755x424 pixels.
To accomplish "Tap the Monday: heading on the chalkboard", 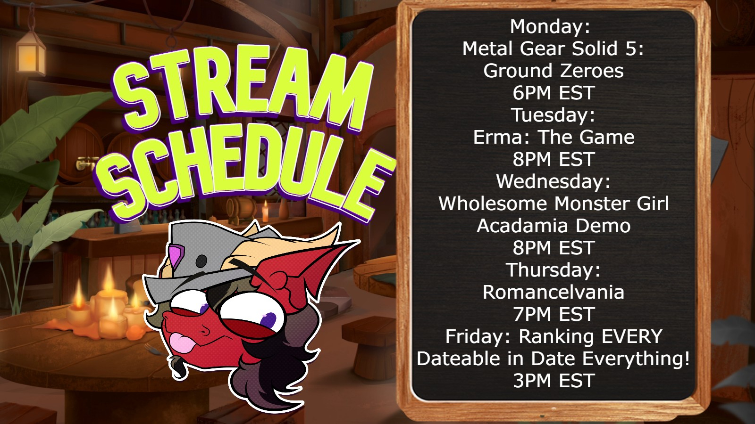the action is point(550,26).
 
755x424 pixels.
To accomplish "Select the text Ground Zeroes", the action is point(554,71).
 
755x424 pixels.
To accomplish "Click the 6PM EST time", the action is point(554,93).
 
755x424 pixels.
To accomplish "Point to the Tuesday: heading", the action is point(554,115).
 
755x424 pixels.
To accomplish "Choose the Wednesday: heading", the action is point(554,181).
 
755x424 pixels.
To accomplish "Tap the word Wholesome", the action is point(494,204).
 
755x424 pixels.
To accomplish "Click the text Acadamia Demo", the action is point(554,226).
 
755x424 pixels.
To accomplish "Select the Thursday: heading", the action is point(554,270).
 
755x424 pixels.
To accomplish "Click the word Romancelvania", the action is point(554,292).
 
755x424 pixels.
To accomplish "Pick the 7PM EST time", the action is point(554,314).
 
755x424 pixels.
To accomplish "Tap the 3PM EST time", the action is point(554,381).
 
